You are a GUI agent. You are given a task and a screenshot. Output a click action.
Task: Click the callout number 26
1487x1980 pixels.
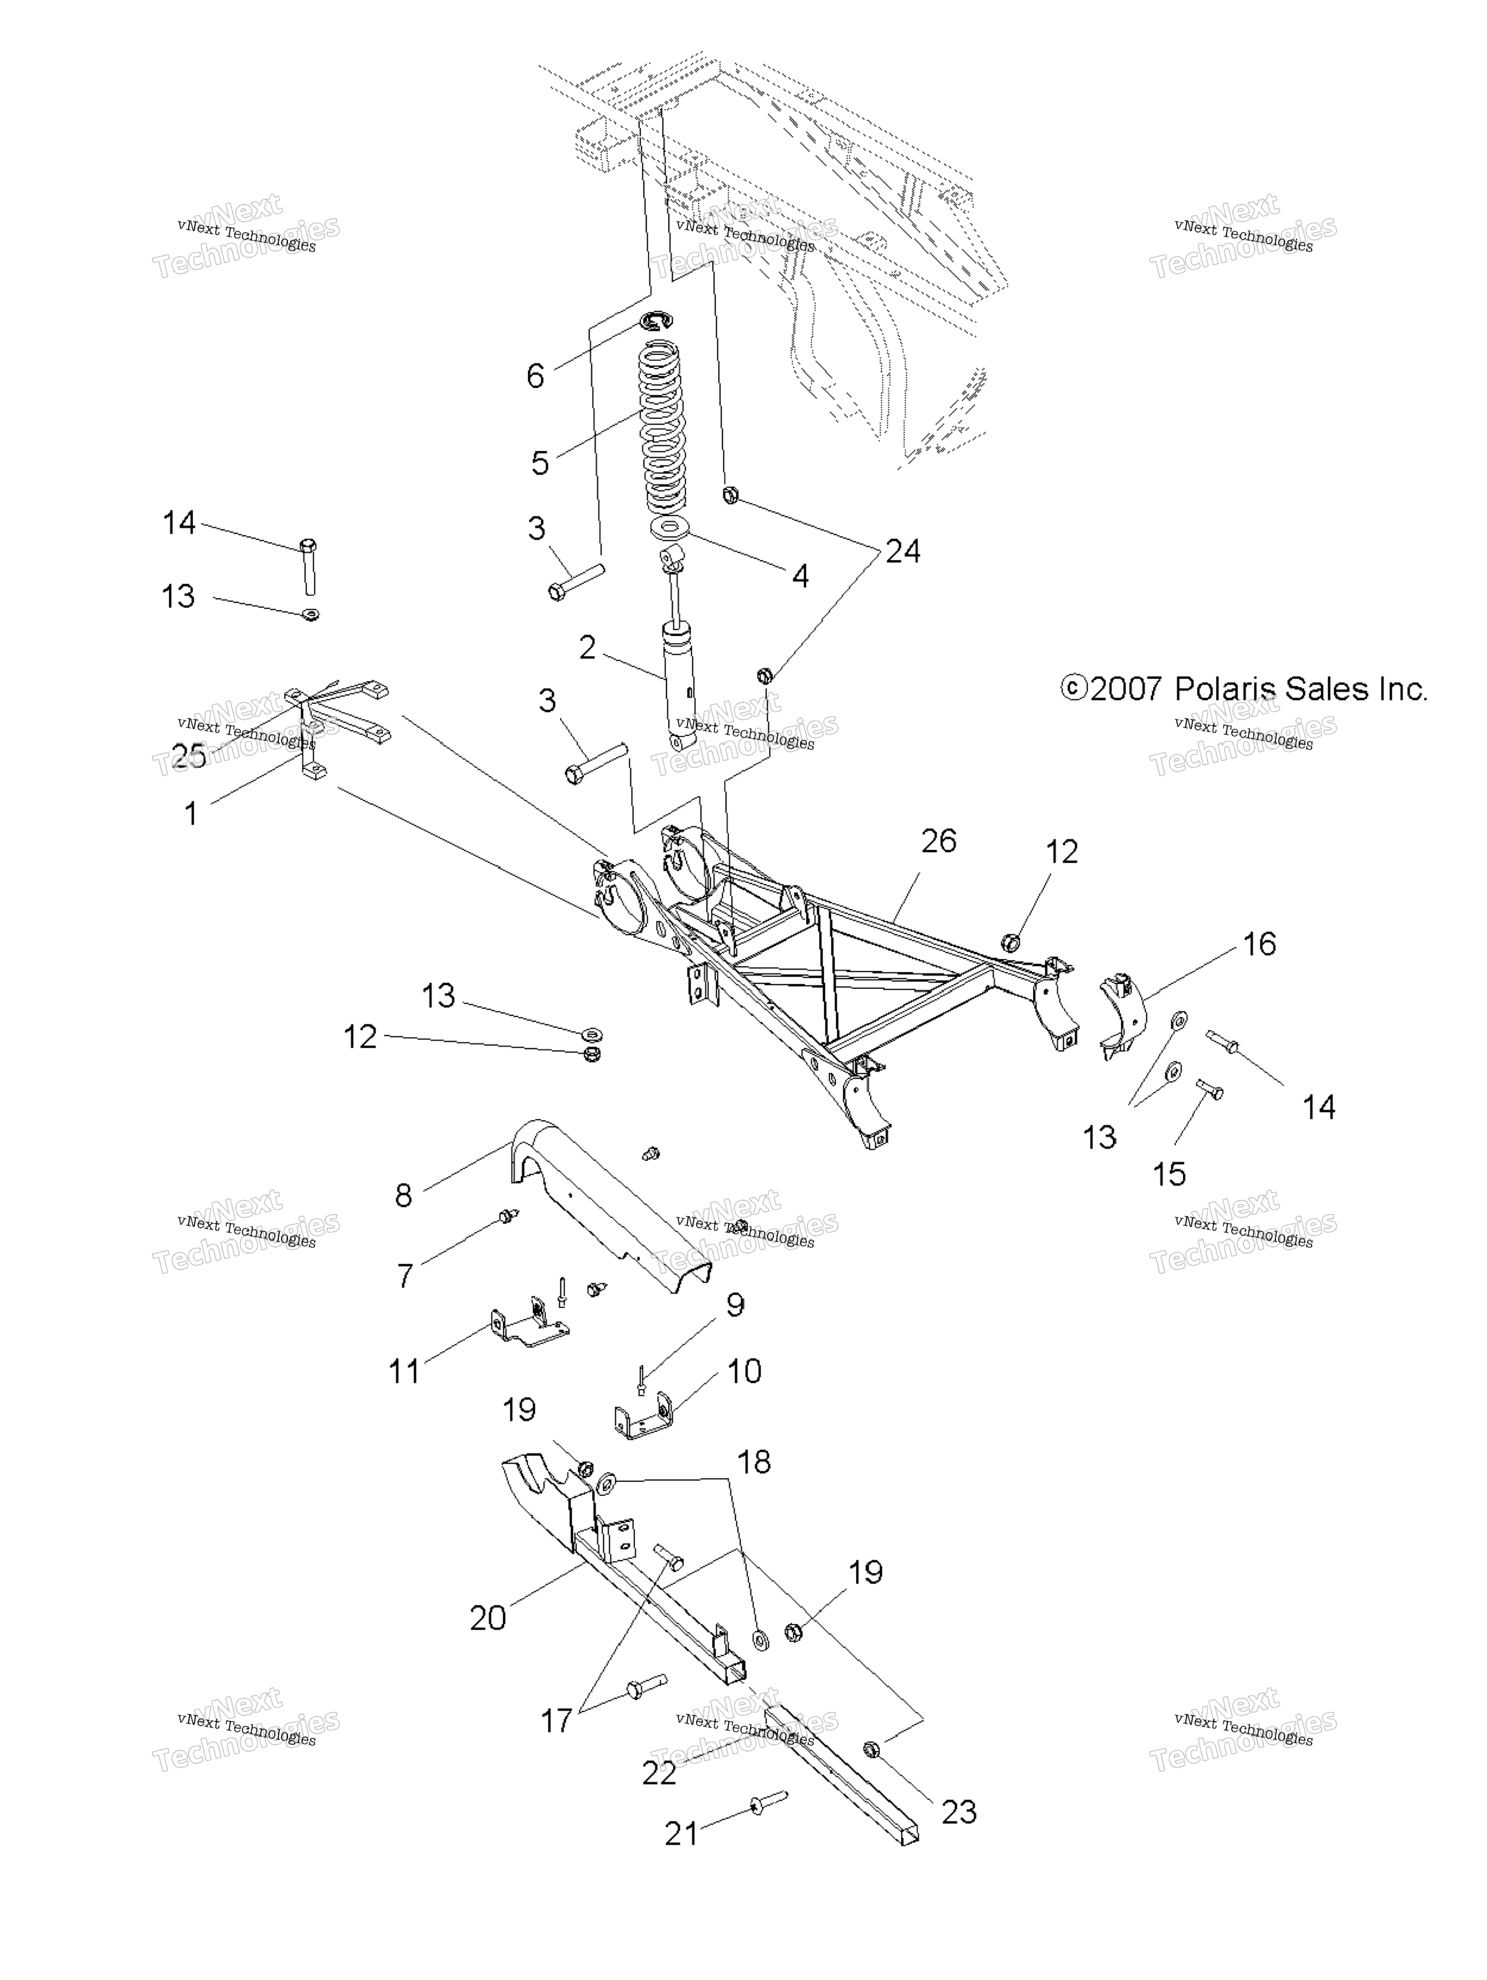[x=938, y=841]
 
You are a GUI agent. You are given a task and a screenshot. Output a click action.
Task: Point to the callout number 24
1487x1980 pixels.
[x=903, y=550]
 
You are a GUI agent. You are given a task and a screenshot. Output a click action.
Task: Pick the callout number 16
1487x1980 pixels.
[x=1260, y=943]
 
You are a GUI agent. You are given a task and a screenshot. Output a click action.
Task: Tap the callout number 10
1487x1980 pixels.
[x=744, y=1371]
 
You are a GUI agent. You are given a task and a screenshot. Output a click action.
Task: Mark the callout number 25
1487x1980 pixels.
[x=189, y=756]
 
